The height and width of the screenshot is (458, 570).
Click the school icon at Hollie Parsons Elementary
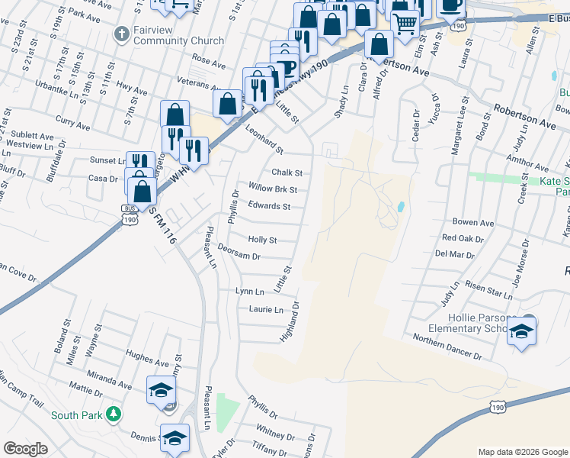point(522,331)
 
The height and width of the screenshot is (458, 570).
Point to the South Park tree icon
point(114,415)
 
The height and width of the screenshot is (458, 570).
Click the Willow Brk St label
point(272,189)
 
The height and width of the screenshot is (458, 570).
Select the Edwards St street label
point(269,207)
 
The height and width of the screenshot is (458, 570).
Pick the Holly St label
point(261,240)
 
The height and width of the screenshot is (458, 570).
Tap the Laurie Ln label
point(265,309)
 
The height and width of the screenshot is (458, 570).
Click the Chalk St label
point(287,173)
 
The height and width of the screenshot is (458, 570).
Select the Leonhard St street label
point(264,140)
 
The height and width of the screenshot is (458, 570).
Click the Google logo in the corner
point(25,450)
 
